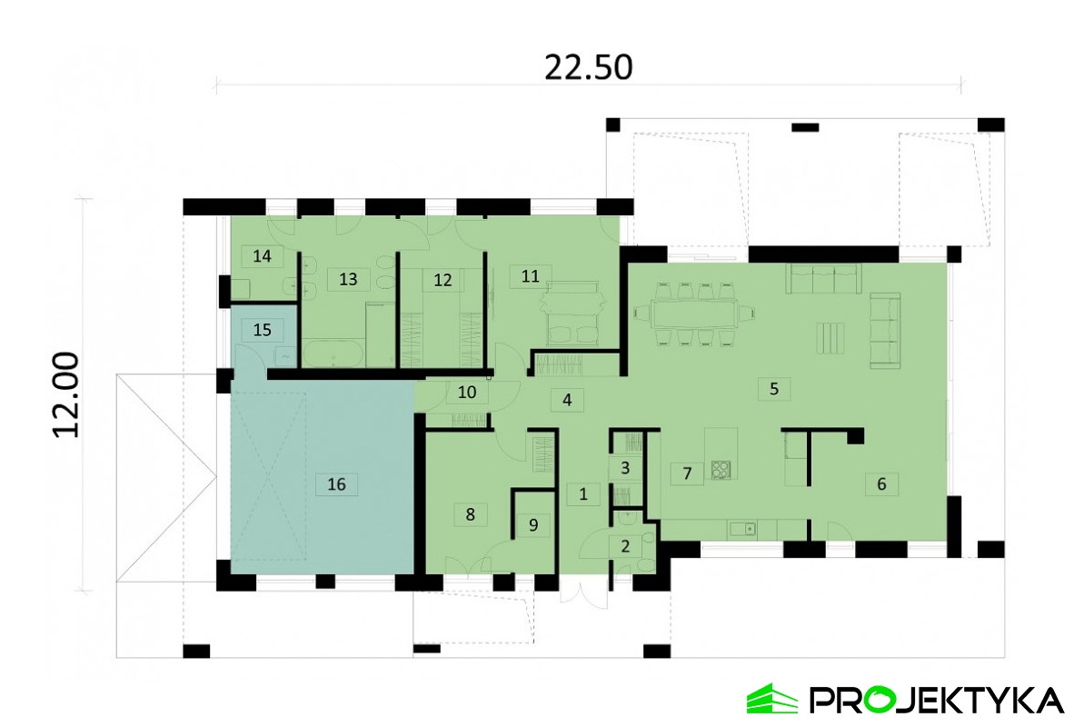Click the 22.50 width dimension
point(589,67)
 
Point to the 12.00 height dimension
point(66,394)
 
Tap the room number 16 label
point(336,484)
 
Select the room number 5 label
point(774,389)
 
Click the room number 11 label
point(530,276)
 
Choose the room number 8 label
point(470,514)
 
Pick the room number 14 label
point(262,256)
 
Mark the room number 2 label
point(624,547)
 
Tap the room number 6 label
point(881,484)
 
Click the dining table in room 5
point(694,314)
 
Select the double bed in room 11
point(572,314)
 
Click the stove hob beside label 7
point(721,469)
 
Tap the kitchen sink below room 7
point(742,529)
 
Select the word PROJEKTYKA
point(936,701)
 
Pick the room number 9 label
point(532,525)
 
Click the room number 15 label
point(262,330)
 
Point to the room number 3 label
point(624,469)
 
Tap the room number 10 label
point(466,393)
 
